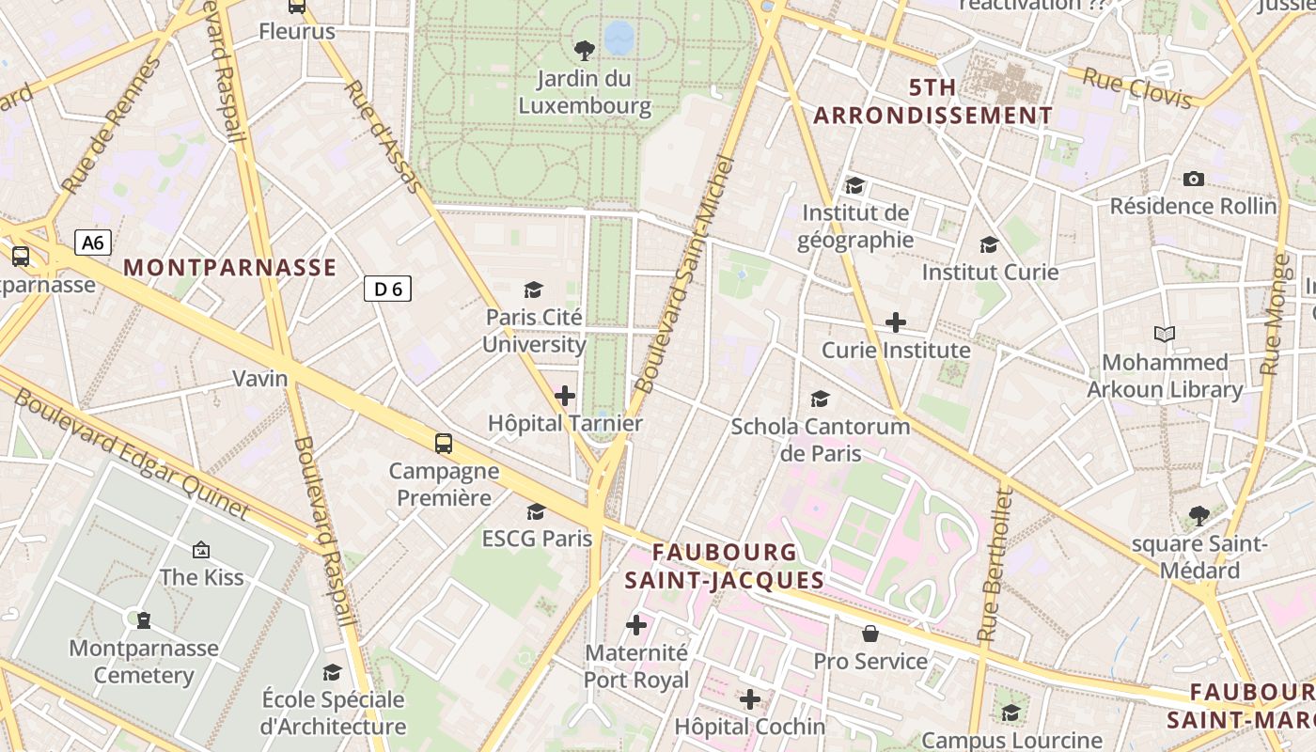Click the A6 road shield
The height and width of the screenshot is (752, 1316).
point(93,243)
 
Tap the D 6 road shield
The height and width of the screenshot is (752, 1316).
point(387,289)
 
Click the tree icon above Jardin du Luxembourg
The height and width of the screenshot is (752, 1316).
point(584,50)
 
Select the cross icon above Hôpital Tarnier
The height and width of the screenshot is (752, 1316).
point(564,396)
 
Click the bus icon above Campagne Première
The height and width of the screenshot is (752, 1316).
point(443,444)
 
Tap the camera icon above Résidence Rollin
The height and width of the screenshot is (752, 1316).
point(1193,179)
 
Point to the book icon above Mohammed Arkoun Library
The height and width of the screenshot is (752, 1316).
point(1165,334)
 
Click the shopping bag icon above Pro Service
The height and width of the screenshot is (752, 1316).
point(870,634)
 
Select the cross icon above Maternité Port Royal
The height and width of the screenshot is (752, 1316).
point(636,624)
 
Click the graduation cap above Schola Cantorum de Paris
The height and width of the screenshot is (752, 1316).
point(820,399)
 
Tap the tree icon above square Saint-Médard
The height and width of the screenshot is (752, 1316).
point(1198,515)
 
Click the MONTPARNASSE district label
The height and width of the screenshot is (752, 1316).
point(229,268)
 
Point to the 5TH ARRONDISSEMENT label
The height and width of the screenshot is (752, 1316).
point(932,102)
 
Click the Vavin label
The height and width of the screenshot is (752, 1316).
point(260,378)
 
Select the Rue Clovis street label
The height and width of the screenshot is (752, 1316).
point(1137,88)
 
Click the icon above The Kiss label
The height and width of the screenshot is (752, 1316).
point(200,550)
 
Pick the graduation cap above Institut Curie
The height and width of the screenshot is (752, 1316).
point(989,245)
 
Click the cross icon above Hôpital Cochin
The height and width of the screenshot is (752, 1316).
point(749,699)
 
